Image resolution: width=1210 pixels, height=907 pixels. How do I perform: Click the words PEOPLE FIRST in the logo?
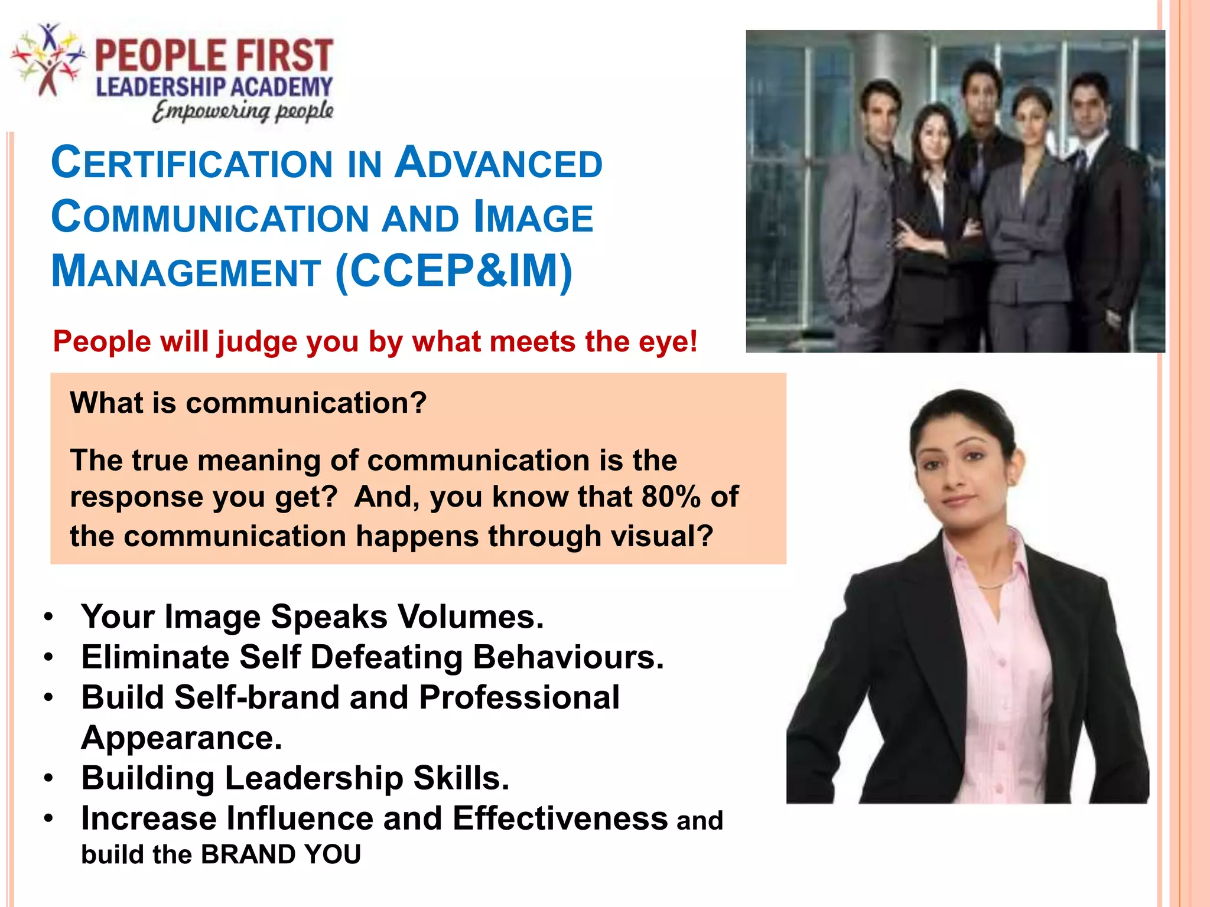pyautogui.click(x=214, y=56)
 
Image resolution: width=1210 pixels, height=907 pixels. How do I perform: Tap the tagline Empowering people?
pyautogui.click(x=242, y=111)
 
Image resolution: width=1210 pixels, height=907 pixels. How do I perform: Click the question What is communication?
pyautogui.click(x=248, y=403)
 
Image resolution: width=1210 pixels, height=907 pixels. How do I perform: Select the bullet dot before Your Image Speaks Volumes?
pyautogui.click(x=49, y=617)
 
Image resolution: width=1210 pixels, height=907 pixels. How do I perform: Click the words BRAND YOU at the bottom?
pyautogui.click(x=281, y=854)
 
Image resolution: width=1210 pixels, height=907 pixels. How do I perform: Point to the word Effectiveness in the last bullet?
pyautogui.click(x=560, y=818)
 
